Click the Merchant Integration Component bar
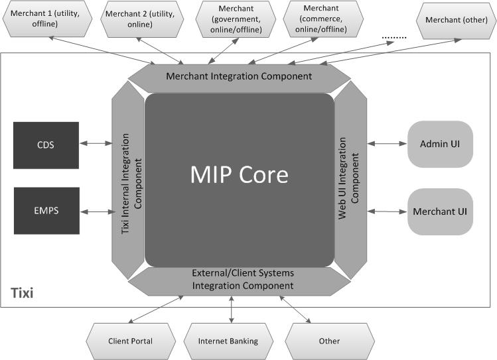(x=239, y=76)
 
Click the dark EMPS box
(x=46, y=211)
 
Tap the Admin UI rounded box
(x=440, y=144)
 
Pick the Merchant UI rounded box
(x=440, y=211)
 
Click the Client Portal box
(x=130, y=341)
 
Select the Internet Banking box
(x=228, y=341)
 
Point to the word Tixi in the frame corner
(x=22, y=292)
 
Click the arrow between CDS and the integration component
(x=96, y=143)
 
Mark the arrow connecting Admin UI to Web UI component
(x=387, y=144)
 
